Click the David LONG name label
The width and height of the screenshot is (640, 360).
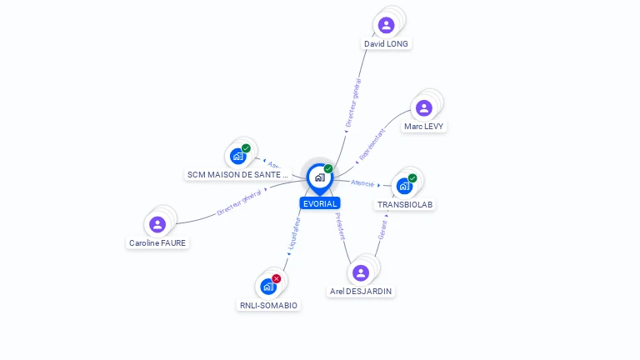pos(387,43)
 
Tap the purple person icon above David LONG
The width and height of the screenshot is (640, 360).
pos(386,25)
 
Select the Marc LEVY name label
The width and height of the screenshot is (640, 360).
pos(423,127)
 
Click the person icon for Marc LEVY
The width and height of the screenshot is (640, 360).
pos(423,107)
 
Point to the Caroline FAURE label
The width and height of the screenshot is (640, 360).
pos(157,243)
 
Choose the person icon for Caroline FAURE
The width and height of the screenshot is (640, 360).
pos(157,224)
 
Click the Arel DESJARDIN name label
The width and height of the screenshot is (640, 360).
pos(361,292)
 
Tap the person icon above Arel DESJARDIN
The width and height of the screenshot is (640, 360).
pos(360,272)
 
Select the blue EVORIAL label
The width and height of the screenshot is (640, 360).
pos(320,203)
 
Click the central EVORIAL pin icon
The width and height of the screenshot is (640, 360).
pos(319,177)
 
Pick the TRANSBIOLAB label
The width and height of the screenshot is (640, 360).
pos(405,204)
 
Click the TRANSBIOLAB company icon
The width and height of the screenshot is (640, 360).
pos(404,186)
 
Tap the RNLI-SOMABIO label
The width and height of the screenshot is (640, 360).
pos(267,305)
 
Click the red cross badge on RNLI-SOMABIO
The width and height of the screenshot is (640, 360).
pos(277,278)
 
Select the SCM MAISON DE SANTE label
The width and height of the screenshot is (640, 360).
pos(237,175)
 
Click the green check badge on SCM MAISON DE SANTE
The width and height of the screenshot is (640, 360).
pos(246,148)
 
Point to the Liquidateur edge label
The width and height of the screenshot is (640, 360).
pos(292,236)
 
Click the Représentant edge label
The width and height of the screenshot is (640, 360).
pos(371,144)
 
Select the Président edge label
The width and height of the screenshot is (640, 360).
pos(341,227)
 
